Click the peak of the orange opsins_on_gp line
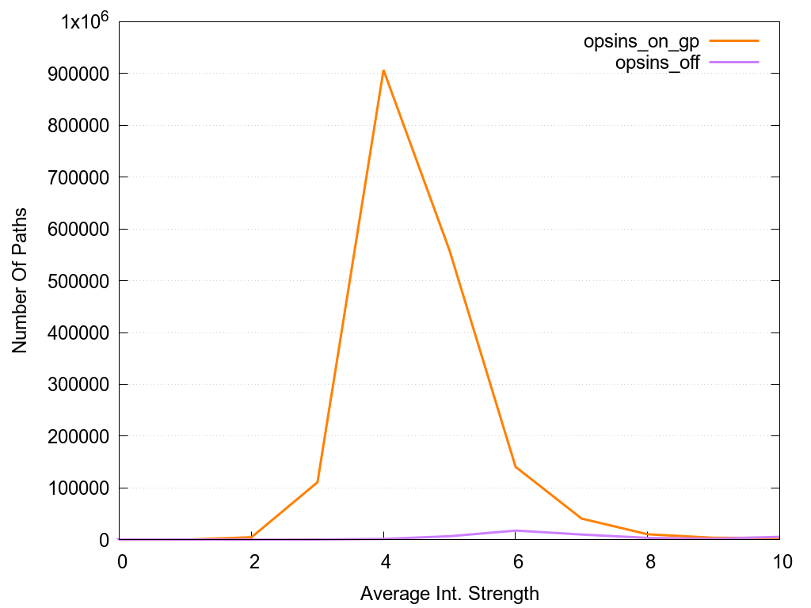(x=383, y=70)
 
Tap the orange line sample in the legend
(x=733, y=40)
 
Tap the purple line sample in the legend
(x=733, y=62)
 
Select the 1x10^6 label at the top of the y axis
(x=85, y=21)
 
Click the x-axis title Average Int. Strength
(x=449, y=593)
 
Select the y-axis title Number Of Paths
(x=20, y=280)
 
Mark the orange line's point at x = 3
(x=318, y=482)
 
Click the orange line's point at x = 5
(x=450, y=250)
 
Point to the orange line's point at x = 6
(x=516, y=466)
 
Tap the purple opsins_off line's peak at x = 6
(x=516, y=530)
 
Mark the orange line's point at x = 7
(x=582, y=519)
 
